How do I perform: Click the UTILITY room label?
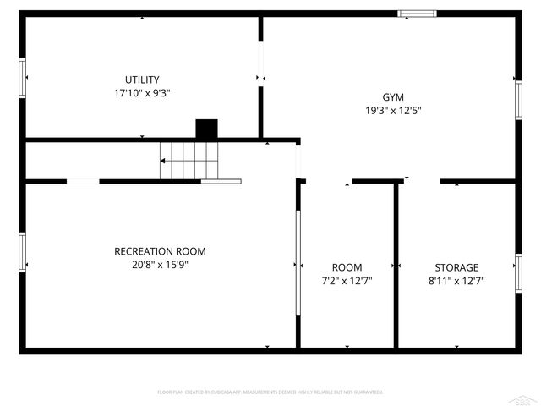coord(141,80)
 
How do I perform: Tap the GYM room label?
coord(393,96)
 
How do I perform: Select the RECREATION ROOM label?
coord(160,251)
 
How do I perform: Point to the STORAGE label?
coord(456,267)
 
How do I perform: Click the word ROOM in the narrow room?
coord(347,267)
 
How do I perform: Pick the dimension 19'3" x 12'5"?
coord(393,109)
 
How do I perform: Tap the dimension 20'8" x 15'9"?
coord(160,264)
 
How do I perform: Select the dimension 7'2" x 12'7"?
coord(347,280)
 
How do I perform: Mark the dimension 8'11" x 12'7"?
coord(456,280)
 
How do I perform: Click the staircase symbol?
coord(189,161)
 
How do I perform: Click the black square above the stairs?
coord(206,129)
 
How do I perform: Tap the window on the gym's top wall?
coord(418,14)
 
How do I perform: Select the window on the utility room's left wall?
coord(23,78)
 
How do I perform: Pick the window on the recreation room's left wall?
coord(23,251)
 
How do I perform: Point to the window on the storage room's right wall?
coord(517,272)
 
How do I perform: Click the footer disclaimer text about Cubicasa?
coord(270,392)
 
